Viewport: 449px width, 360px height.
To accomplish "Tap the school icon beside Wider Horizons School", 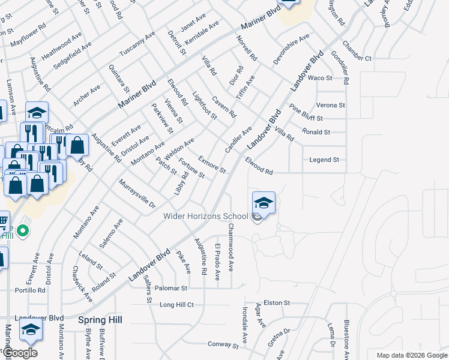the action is tap(264, 205).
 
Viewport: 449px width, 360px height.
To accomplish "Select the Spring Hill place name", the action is tap(100, 320).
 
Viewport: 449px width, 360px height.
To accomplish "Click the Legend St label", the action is tap(324, 160).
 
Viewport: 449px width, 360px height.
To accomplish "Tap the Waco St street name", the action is tap(320, 78).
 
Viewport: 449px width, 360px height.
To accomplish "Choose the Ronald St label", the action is tap(316, 132).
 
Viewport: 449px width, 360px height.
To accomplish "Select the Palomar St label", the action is tap(172, 288).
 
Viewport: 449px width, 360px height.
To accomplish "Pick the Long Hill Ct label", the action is tap(176, 305).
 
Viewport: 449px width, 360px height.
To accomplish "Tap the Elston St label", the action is tap(277, 303).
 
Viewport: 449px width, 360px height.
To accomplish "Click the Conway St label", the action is tap(223, 344).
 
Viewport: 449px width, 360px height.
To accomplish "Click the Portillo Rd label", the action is tap(31, 290).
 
